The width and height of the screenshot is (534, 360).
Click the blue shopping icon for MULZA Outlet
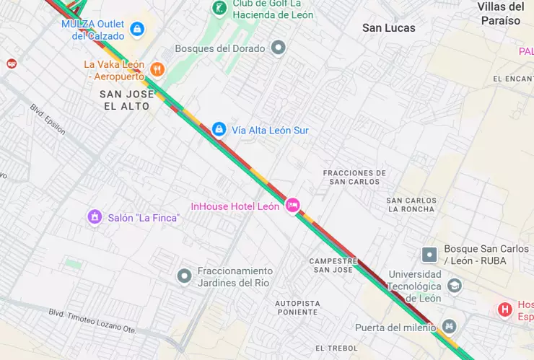click(x=137, y=30)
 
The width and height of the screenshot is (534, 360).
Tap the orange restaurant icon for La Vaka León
click(x=157, y=69)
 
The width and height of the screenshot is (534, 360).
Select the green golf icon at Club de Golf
click(x=219, y=9)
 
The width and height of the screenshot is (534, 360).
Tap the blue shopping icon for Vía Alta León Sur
click(x=219, y=129)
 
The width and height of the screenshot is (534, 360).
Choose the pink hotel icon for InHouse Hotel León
click(x=292, y=206)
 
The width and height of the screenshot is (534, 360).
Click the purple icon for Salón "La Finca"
click(x=94, y=217)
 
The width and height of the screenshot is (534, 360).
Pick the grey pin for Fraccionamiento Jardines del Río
click(x=185, y=276)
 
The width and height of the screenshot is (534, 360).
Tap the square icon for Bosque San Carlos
click(x=429, y=254)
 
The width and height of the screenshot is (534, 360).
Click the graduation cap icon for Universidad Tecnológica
click(x=454, y=286)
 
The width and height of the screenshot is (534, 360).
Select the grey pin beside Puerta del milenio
click(x=449, y=327)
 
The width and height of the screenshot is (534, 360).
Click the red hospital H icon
click(x=505, y=309)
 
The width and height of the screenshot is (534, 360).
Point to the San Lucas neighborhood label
click(x=388, y=28)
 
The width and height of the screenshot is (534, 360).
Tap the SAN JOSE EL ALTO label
click(x=126, y=100)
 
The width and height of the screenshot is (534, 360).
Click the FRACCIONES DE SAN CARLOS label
click(x=354, y=177)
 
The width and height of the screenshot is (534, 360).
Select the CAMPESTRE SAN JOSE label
click(x=333, y=265)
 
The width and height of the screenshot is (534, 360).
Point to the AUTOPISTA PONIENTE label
click(x=296, y=307)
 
